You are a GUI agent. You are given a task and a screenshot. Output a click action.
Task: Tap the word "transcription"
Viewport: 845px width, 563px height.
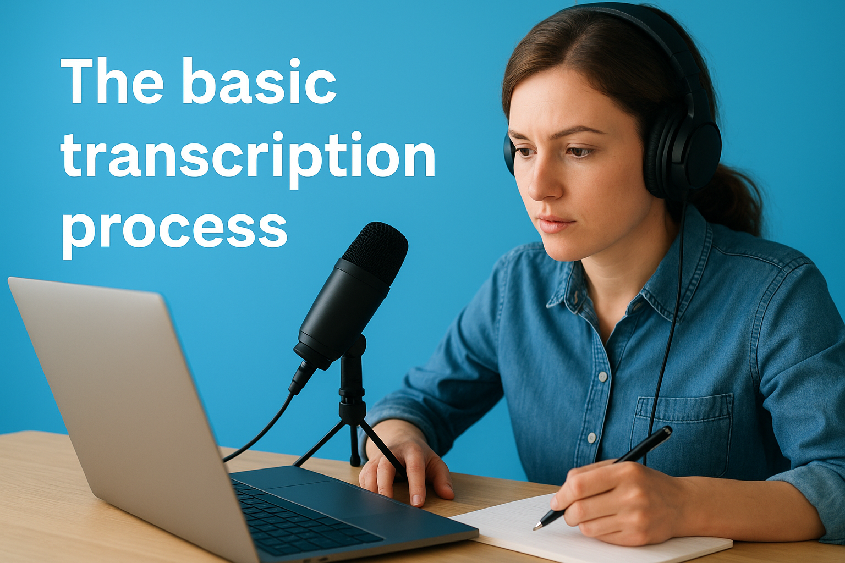248,157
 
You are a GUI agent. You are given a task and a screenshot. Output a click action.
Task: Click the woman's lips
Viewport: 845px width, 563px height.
556,224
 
